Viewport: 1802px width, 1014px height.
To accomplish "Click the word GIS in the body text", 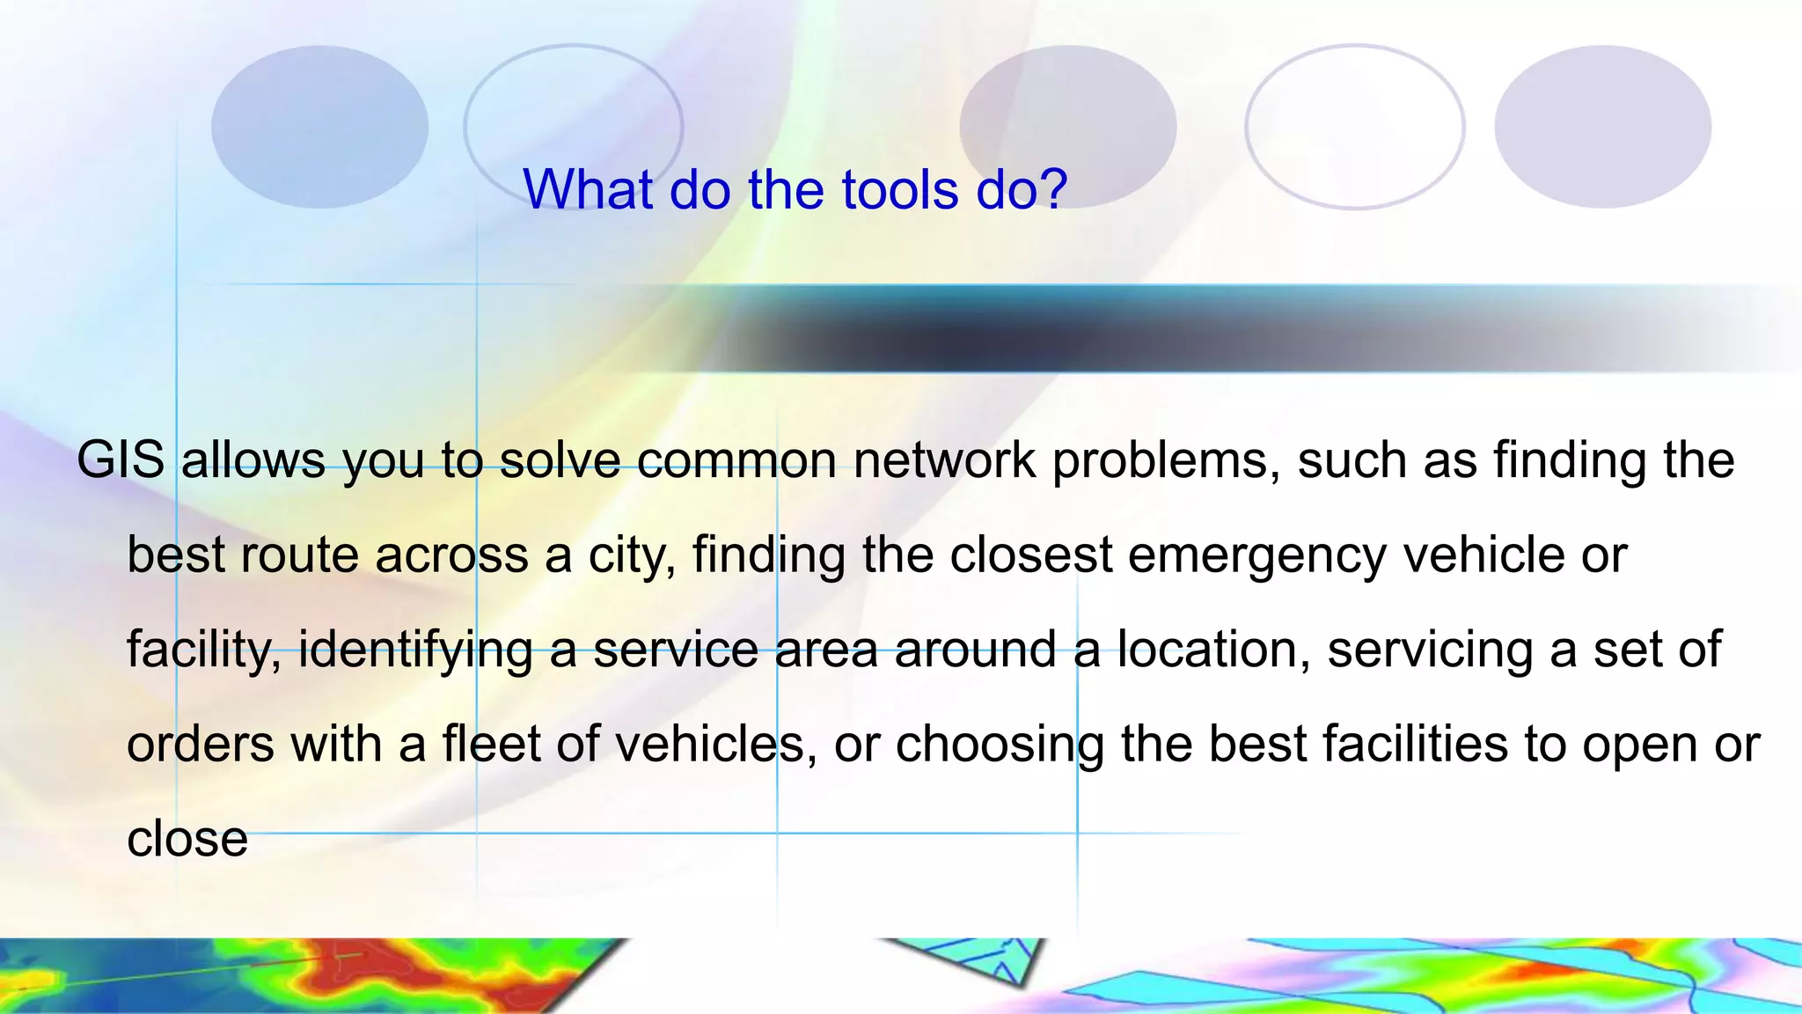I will pos(121,460).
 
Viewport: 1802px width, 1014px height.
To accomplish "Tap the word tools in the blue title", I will pos(899,189).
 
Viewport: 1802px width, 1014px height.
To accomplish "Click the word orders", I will pos(201,745).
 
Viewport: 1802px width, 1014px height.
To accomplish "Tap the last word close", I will pos(187,839).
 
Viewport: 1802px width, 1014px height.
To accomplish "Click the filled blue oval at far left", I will pos(319,127).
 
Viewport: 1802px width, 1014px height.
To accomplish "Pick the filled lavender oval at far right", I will pos(1602,127).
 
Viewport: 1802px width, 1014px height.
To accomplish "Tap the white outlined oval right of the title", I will pos(1354,127).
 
